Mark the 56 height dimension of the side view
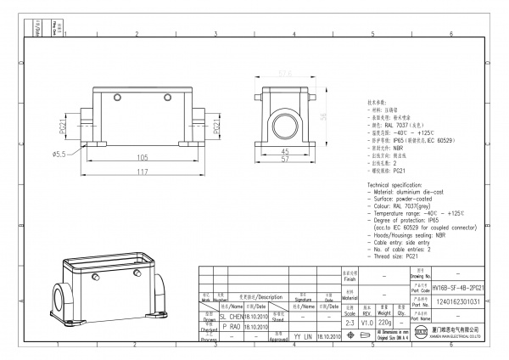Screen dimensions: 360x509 click(323, 116)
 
